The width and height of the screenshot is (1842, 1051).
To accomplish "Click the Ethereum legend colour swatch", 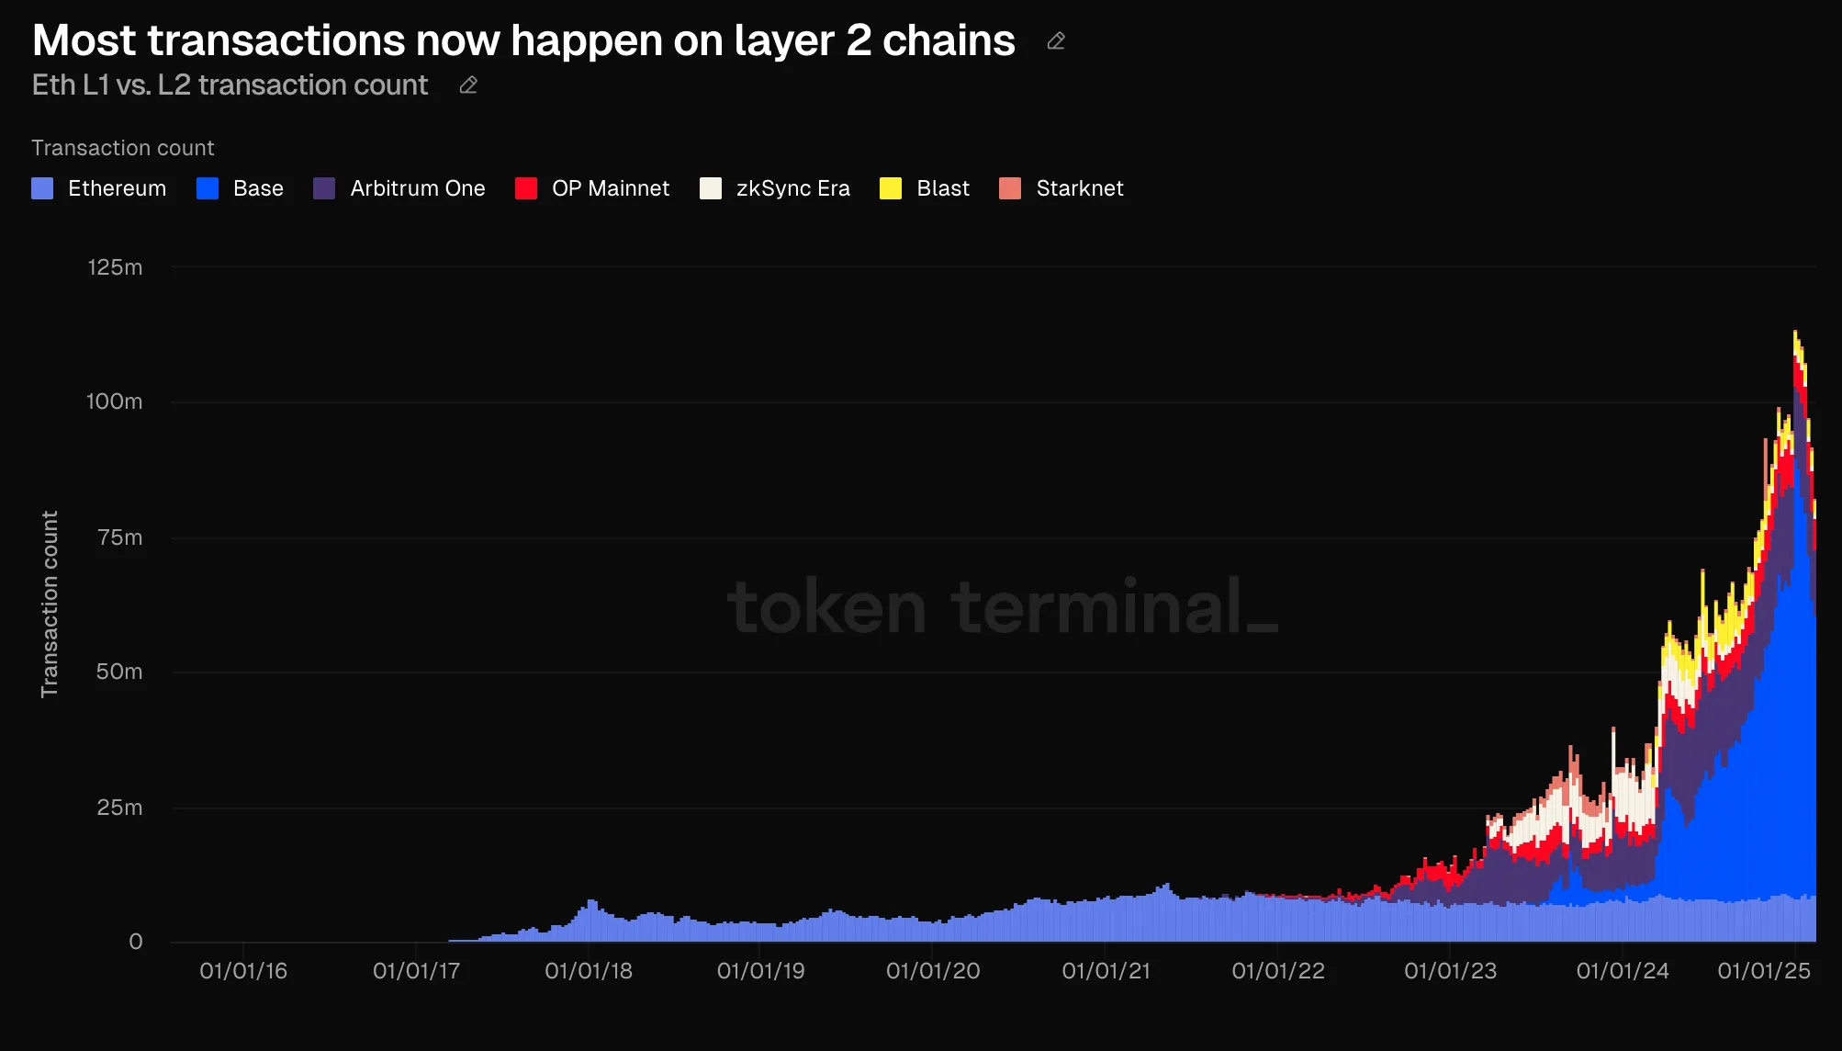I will pyautogui.click(x=42, y=188).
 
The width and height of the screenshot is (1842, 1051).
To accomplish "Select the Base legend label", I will pyautogui.click(x=258, y=188).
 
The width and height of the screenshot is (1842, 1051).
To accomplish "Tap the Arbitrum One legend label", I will pyautogui.click(x=417, y=188).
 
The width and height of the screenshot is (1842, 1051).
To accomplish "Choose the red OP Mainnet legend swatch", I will pyautogui.click(x=526, y=188).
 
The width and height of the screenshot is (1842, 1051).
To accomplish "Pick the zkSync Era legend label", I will pyautogui.click(x=792, y=188).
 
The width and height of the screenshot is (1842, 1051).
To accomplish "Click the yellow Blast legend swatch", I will pyautogui.click(x=891, y=188).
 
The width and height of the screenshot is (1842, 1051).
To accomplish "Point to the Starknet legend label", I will pyautogui.click(x=1079, y=188).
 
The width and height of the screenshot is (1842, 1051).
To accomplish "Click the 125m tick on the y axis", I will pyautogui.click(x=115, y=267).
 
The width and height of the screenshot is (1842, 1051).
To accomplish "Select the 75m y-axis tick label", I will pyautogui.click(x=119, y=537).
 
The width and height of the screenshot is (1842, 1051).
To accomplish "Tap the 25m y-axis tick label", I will pyautogui.click(x=119, y=808).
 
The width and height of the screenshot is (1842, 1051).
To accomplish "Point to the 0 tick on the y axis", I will pyautogui.click(x=136, y=942).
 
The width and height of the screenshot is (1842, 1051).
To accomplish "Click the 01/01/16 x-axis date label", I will pyautogui.click(x=243, y=971).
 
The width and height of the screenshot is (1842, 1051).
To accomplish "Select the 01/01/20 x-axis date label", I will pyautogui.click(x=933, y=971).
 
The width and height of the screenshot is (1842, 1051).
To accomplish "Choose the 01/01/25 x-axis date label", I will pyautogui.click(x=1764, y=971).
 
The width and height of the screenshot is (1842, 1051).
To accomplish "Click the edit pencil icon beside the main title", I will pyautogui.click(x=1056, y=41).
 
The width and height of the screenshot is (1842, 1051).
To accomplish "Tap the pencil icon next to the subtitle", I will pyautogui.click(x=468, y=85).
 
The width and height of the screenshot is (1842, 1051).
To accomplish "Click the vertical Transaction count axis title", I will pyautogui.click(x=50, y=604).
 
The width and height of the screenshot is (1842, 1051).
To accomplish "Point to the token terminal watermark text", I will pyautogui.click(x=1001, y=607).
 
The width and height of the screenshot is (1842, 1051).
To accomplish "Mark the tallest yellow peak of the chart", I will pyautogui.click(x=1795, y=333).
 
